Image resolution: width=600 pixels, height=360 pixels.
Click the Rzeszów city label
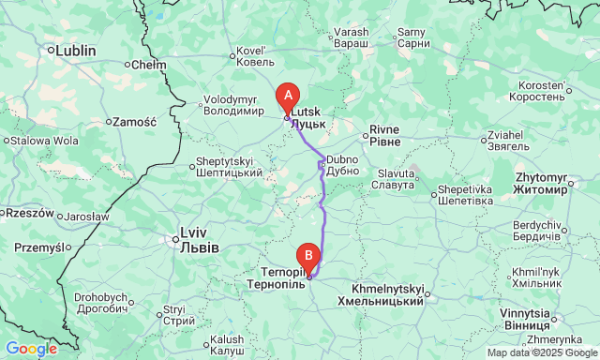[x=26, y=213]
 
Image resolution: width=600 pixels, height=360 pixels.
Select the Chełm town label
[x=148, y=65]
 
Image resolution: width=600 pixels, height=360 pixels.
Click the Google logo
[x=30, y=349]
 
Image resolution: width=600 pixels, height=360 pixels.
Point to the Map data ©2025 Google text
[x=541, y=353]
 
